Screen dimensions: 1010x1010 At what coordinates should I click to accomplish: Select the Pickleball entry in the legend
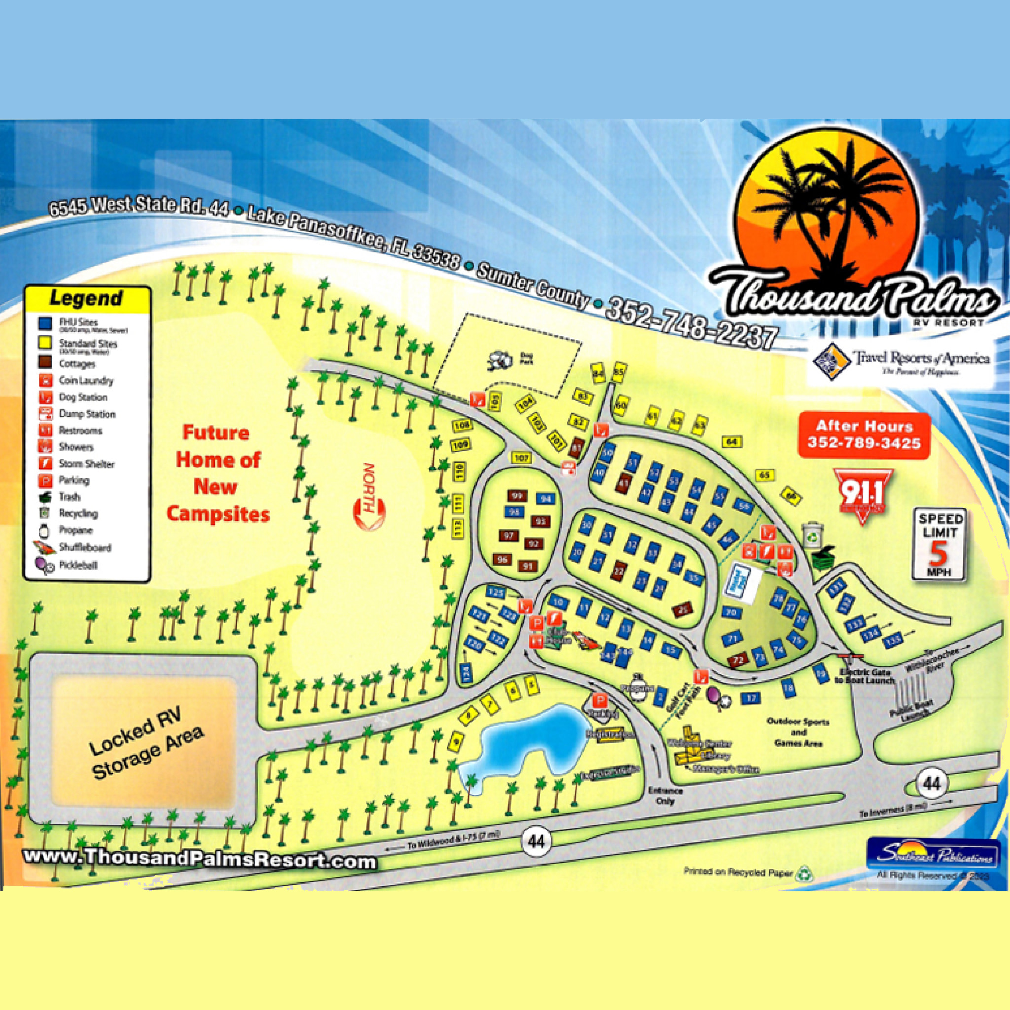(x=77, y=565)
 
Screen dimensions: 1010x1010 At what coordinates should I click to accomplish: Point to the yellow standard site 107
(x=522, y=458)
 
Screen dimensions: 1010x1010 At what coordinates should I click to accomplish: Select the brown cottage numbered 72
(x=738, y=660)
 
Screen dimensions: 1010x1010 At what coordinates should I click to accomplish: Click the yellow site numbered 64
(x=732, y=442)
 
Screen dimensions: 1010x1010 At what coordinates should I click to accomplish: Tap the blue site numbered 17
(x=751, y=697)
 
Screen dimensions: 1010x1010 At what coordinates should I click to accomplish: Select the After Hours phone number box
(x=864, y=435)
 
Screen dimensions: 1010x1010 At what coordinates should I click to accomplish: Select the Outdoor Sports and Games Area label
(x=798, y=732)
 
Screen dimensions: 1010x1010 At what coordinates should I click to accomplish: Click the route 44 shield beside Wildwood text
(x=537, y=841)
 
